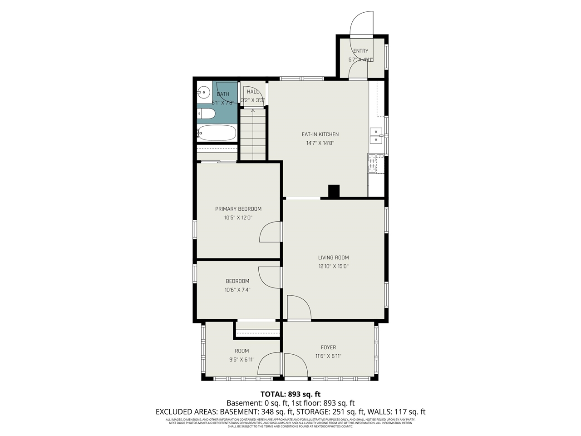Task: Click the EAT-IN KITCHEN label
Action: pos(320,134)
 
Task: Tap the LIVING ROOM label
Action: pos(333,258)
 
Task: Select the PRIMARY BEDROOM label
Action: pos(238,209)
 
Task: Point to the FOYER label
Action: pos(328,348)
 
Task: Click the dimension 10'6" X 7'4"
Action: pos(237,290)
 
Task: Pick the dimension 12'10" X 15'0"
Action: pos(333,267)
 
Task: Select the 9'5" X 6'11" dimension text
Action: pos(241,360)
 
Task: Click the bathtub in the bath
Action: pos(217,133)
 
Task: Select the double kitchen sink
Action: pos(376,132)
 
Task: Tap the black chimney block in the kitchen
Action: pos(334,191)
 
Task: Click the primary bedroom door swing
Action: pos(270,232)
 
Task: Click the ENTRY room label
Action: pos(361,51)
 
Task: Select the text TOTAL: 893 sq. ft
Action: pos(290,394)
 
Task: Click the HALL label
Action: pos(253,92)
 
